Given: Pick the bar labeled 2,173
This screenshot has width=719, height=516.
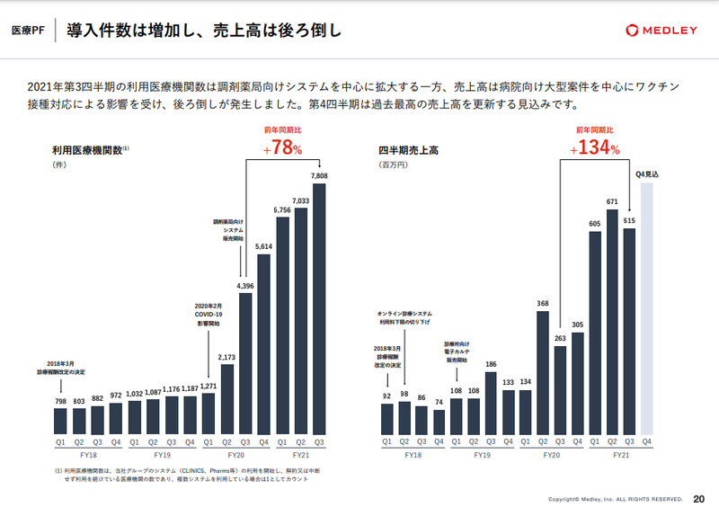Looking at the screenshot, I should (226, 398).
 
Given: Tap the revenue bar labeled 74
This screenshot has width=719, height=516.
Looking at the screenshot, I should (439, 422).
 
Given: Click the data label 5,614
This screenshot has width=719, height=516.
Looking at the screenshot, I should (264, 246).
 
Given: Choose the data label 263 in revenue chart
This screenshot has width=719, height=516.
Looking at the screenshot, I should (560, 338).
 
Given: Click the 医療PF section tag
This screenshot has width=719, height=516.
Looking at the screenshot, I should (28, 31).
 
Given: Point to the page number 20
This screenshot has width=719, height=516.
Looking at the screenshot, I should (699, 500).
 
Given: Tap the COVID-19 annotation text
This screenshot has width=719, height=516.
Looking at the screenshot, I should (208, 316).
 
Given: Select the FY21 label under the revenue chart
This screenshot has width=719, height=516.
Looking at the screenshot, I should (621, 457).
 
